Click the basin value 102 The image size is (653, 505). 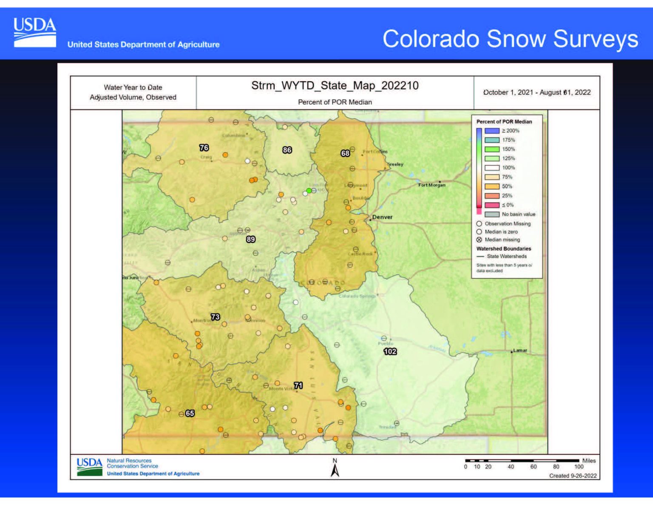coord(390,351)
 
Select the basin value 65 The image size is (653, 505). coord(190,413)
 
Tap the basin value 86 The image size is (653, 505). coord(287,150)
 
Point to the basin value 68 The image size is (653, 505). coord(345,153)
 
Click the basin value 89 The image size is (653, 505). coord(251,239)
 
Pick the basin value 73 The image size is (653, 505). coord(216,317)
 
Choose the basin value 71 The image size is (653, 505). coord(298,385)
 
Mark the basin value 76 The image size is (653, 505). coord(204,148)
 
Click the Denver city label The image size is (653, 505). coord(382,217)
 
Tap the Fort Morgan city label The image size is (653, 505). coord(432,185)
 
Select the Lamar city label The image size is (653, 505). coord(520,351)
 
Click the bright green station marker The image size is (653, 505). coord(309,191)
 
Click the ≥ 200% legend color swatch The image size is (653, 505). coord(492,131)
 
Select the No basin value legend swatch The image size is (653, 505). coord(492,214)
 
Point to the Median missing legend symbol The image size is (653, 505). coord(479,240)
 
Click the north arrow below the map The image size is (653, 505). coord(335,470)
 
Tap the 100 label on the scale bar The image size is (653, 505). coord(579,467)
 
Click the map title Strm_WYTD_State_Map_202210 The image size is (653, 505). coord(335,86)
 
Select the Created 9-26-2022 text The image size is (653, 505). coord(573,476)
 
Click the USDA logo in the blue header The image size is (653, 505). coord(34,32)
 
